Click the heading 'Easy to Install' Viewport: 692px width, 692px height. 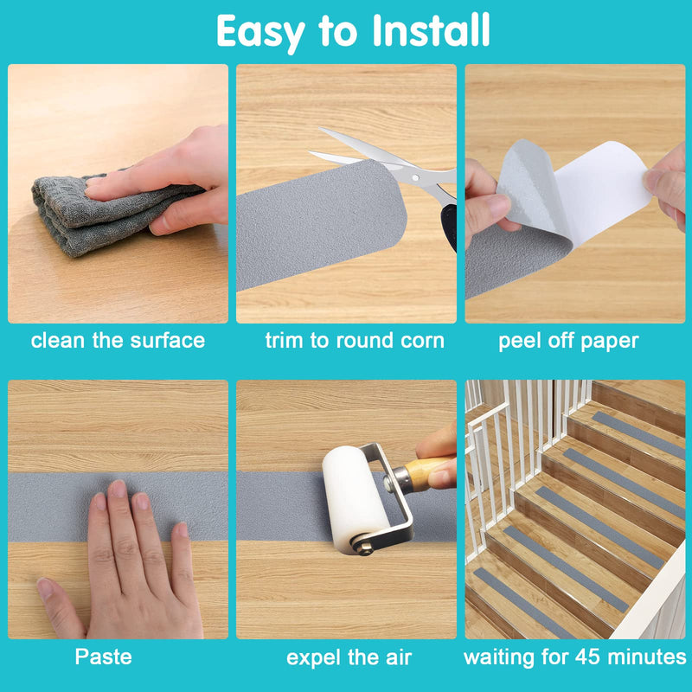pos(353,31)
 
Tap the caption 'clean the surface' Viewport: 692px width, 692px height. pos(118,341)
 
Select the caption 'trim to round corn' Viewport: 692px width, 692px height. pos(355,341)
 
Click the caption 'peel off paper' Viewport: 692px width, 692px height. pos(568,342)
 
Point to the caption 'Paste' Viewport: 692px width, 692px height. pos(103,657)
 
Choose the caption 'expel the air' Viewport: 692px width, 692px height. pos(349,657)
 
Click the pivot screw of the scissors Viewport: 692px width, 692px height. pos(415,177)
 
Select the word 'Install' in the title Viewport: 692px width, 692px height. pos(431,30)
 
